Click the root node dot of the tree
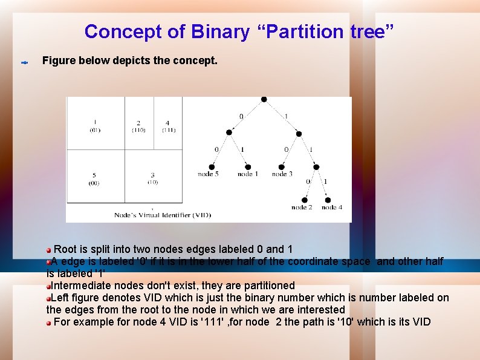click(x=264, y=99)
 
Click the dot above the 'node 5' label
click(x=212, y=166)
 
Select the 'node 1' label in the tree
click(x=248, y=174)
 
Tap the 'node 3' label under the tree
click(x=282, y=174)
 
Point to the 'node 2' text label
click(x=302, y=208)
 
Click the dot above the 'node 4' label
click(x=328, y=200)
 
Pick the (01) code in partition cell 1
click(x=96, y=130)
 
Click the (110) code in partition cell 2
click(x=138, y=130)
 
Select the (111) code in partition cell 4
click(x=168, y=130)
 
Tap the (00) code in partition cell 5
click(x=94, y=183)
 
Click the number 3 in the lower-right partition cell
click(x=153, y=175)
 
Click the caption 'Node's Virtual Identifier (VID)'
click(x=163, y=215)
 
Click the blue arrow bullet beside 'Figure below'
click(x=25, y=62)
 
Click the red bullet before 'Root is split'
click(x=49, y=249)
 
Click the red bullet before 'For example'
click(x=49, y=322)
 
